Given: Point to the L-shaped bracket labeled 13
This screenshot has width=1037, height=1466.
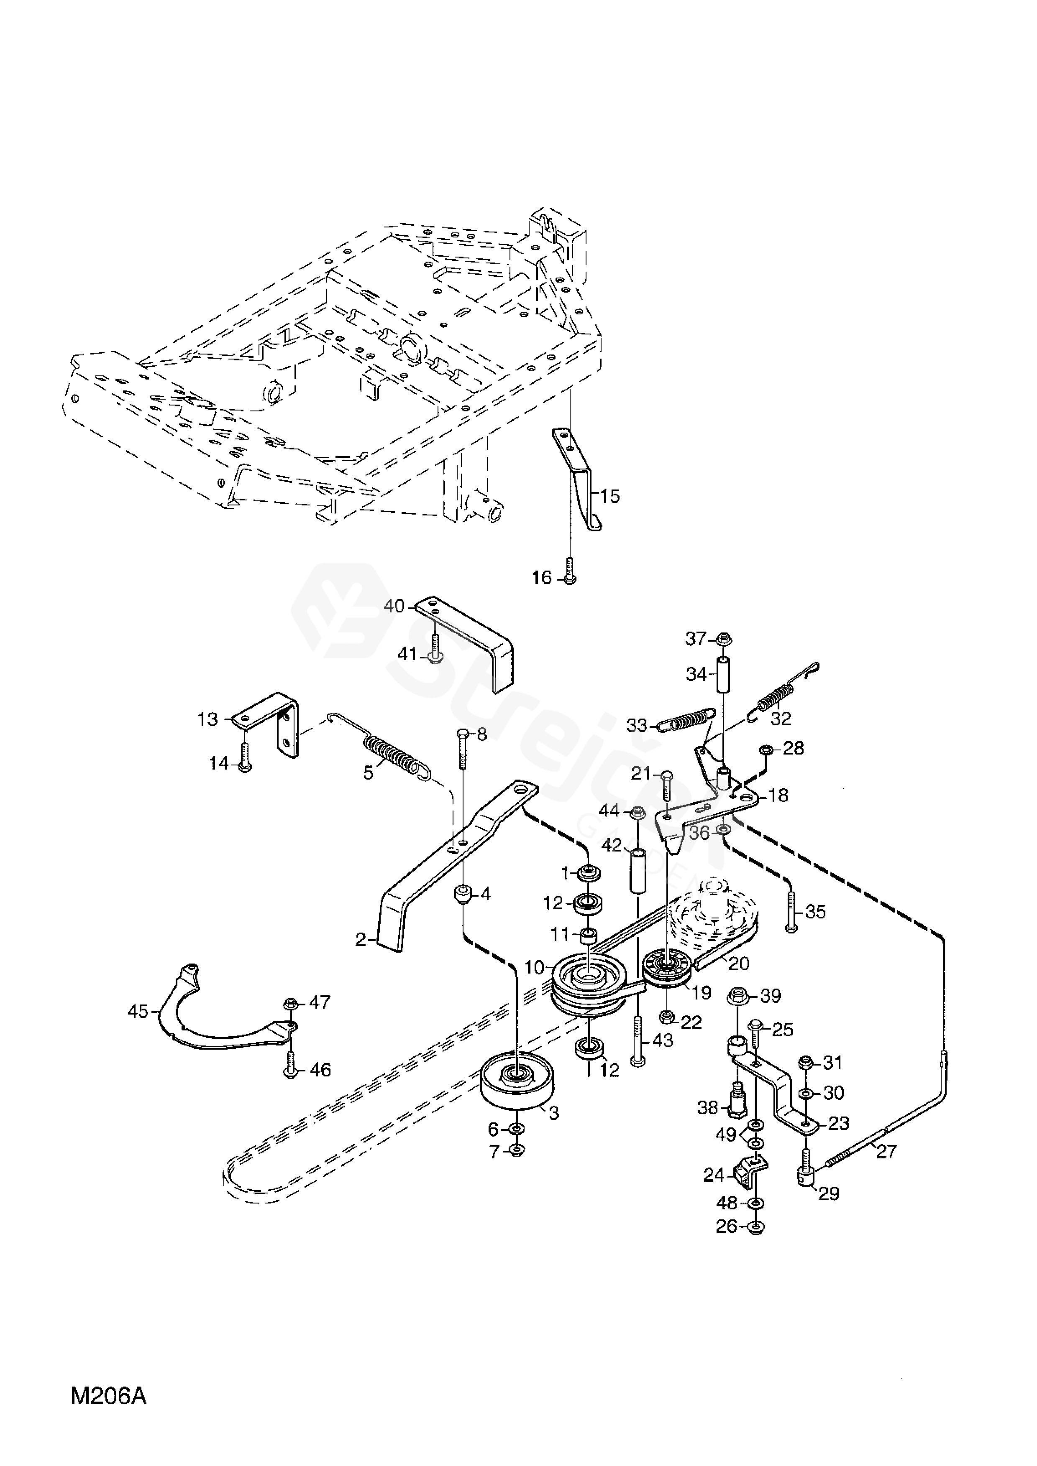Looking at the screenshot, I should coord(269,722).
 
